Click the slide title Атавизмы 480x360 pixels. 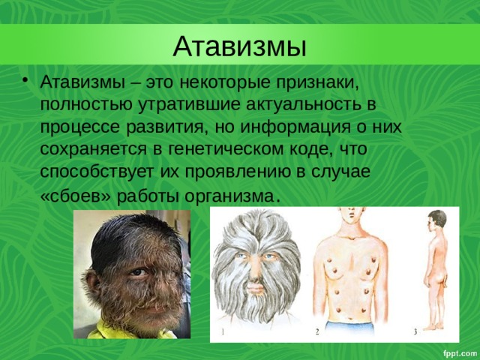tap(240, 46)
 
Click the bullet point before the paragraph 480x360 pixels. tap(27, 80)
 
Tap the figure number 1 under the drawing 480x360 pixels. tap(223, 329)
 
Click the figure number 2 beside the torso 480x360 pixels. tap(317, 330)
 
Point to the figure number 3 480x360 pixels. tap(415, 330)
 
